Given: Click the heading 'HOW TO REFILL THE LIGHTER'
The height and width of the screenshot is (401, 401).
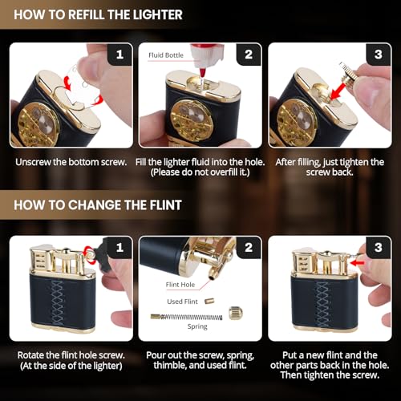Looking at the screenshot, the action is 98,14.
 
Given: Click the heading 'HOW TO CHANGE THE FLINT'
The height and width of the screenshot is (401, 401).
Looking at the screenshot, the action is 98,205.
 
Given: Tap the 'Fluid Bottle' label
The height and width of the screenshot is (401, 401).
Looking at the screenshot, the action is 166,55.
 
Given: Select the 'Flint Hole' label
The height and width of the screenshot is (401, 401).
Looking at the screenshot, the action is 180,285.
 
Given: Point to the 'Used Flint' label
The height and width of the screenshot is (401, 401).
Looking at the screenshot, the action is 182,302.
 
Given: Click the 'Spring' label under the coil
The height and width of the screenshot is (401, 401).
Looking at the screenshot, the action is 197,326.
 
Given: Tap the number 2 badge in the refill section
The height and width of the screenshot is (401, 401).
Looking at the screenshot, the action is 249,55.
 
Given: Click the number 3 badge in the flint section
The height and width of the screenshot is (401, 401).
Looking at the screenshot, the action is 378,247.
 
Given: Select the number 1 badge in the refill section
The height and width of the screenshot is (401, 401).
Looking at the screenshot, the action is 119,55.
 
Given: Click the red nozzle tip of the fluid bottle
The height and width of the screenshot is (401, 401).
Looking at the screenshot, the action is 204,72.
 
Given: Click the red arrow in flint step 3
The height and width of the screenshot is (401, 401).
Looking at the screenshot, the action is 358,263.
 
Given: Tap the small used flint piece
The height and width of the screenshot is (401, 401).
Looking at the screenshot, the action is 209,302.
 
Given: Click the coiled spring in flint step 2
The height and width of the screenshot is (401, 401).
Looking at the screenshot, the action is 186,317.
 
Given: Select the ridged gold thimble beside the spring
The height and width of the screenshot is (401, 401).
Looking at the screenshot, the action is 236,313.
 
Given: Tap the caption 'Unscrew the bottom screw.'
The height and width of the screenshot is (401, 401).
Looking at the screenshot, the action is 71,162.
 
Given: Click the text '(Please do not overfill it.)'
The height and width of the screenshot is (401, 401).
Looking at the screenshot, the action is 200,172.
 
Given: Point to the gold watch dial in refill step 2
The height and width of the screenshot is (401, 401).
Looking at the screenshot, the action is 192,119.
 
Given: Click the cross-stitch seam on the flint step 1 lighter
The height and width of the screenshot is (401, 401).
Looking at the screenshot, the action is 57,302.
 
